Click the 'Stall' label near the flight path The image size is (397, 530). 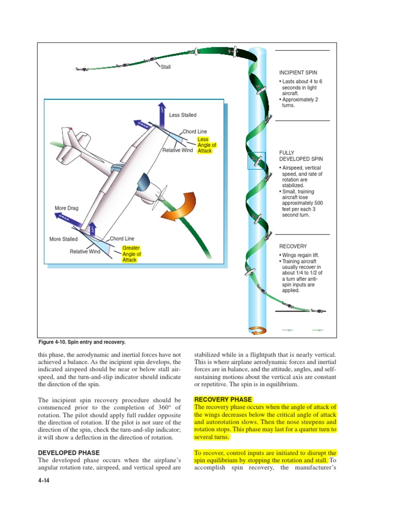tap(166, 67)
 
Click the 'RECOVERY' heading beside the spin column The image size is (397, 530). tap(293, 246)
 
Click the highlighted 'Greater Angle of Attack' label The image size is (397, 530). tap(131, 254)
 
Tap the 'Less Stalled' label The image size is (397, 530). tap(182, 115)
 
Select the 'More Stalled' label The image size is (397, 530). tap(64, 239)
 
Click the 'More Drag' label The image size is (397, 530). tap(67, 208)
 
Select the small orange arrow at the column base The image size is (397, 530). tap(257, 331)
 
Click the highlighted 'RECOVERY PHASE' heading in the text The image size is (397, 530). tap(223, 400)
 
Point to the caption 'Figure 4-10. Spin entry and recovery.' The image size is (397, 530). tap(82, 343)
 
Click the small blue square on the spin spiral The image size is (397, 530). tap(257, 161)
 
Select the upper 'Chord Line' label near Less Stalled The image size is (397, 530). tap(195, 132)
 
